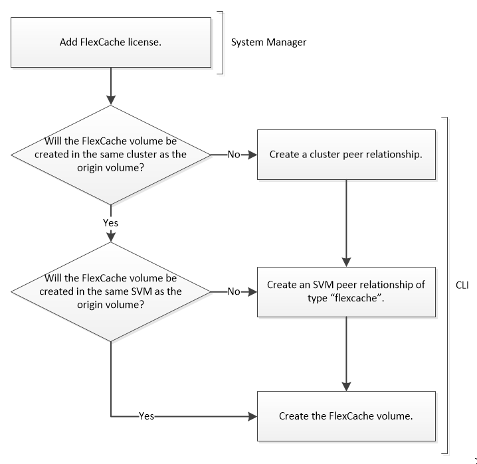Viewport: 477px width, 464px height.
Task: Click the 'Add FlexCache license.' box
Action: tap(111, 42)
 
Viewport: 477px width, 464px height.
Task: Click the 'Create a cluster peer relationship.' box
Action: tap(345, 154)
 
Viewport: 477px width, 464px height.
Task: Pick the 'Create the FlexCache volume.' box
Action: tap(345, 416)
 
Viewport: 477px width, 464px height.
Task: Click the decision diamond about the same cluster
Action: tap(110, 154)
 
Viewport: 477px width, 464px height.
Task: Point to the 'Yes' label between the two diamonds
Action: tap(110, 223)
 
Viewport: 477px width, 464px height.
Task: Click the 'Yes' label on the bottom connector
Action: tap(146, 416)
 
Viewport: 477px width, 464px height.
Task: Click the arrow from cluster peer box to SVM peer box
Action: tap(346, 219)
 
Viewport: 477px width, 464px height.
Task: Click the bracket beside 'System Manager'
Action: tap(220, 42)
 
